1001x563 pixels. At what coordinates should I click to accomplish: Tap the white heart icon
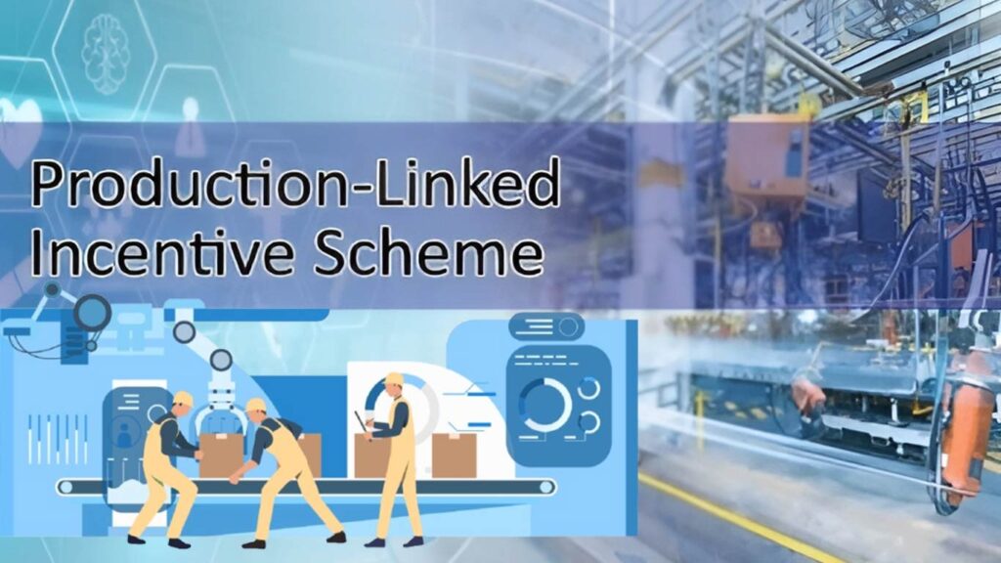pyautogui.click(x=21, y=132)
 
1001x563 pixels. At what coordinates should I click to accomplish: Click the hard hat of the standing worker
pyautogui.click(x=394, y=380)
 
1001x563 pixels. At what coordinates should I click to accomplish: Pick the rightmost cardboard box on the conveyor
pyautogui.click(x=454, y=455)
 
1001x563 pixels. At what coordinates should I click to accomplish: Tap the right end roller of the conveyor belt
pyautogui.click(x=546, y=487)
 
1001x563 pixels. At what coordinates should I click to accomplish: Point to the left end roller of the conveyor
pyautogui.click(x=65, y=488)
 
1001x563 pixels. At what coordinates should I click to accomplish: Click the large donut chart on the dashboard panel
pyautogui.click(x=544, y=406)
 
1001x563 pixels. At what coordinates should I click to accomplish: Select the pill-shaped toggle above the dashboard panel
pyautogui.click(x=546, y=326)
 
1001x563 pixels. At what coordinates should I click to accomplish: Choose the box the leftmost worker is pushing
pyautogui.click(x=222, y=455)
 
